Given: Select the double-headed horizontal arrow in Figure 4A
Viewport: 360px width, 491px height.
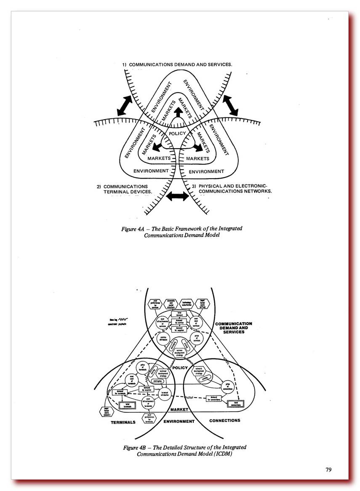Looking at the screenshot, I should tap(178, 196).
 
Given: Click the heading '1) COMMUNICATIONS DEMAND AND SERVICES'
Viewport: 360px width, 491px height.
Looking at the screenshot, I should tap(177, 64).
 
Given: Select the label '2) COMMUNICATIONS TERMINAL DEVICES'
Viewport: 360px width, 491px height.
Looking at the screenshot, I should tap(125, 189).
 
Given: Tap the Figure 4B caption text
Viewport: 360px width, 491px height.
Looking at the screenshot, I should tap(184, 450).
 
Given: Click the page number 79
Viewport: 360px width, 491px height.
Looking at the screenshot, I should tap(328, 470).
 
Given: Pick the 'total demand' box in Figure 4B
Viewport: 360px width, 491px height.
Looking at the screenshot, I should tap(179, 313).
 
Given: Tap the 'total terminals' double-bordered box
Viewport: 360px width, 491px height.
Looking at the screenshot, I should tap(127, 405).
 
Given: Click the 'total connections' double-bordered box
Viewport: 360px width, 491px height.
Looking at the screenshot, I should tap(235, 403).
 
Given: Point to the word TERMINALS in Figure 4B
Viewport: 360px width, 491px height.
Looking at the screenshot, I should tap(123, 422).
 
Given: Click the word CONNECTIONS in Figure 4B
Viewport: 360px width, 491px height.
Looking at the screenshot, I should tap(224, 420).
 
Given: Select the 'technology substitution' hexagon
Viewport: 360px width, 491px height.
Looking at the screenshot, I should tap(189, 303).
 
